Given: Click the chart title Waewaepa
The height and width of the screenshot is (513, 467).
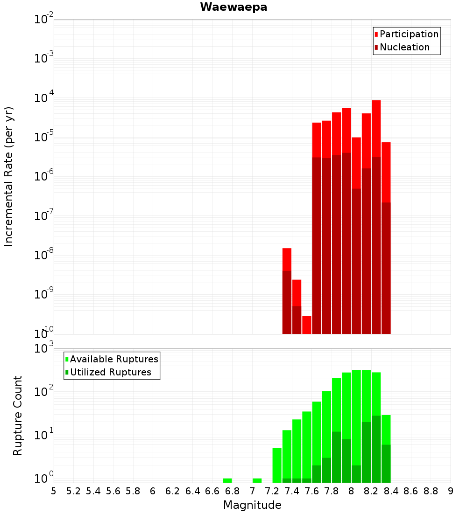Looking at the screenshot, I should coord(233,7).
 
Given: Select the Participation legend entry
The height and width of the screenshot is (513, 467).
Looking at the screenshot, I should coord(409,34).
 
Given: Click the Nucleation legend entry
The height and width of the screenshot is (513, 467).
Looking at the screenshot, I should coord(404,47).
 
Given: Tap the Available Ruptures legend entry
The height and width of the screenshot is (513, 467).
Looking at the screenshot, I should coord(113,359).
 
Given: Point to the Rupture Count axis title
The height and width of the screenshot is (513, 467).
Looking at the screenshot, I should coord(18,415).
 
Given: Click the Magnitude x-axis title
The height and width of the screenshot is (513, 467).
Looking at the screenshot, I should coord(252,505).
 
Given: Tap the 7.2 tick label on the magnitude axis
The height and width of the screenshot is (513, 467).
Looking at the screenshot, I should coord(272,491).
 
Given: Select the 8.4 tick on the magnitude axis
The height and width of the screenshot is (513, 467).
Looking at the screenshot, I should coord(391,491).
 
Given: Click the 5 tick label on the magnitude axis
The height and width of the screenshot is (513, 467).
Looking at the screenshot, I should coord(54,491).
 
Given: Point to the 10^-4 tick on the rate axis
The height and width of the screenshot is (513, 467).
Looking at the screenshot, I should coord(44,98).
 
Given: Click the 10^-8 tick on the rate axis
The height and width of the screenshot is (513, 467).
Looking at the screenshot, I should coord(44,255).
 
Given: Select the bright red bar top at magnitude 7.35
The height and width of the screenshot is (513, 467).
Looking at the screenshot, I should coord(287,259).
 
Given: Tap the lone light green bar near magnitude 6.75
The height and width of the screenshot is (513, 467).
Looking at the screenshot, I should coord(227,480).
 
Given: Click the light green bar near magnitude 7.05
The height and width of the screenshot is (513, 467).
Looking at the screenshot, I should coord(257,480).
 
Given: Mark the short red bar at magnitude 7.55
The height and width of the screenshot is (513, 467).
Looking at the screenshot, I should coord(307,325).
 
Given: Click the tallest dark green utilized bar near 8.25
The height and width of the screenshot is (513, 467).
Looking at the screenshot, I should coord(376,448).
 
